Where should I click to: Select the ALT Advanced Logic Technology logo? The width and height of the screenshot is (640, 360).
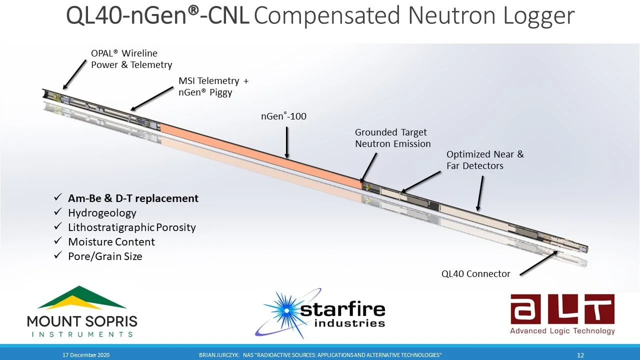pyautogui.click(x=562, y=314)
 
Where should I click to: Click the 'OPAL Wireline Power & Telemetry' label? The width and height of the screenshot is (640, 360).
pyautogui.click(x=131, y=59)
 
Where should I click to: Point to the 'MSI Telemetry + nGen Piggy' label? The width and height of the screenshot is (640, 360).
pyautogui.click(x=213, y=86)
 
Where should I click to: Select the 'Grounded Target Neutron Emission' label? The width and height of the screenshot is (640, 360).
pyautogui.click(x=392, y=138)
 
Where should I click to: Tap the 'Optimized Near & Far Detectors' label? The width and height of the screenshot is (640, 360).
pyautogui.click(x=485, y=160)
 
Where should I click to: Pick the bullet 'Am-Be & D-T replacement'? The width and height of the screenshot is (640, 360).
pyautogui.click(x=133, y=198)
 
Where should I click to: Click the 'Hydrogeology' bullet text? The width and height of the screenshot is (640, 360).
pyautogui.click(x=102, y=213)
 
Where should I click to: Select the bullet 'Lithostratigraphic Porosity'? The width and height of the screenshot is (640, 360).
pyautogui.click(x=131, y=227)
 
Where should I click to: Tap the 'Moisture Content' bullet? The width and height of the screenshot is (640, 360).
pyautogui.click(x=111, y=242)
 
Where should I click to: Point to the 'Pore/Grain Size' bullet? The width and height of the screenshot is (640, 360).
pyautogui.click(x=105, y=256)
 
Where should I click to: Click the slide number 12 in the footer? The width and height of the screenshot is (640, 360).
pyautogui.click(x=580, y=355)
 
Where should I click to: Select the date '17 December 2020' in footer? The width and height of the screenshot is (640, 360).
pyautogui.click(x=86, y=355)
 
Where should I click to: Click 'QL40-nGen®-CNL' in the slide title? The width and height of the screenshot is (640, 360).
pyautogui.click(x=157, y=16)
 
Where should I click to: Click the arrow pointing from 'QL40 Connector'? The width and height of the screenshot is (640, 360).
pyautogui.click(x=539, y=262)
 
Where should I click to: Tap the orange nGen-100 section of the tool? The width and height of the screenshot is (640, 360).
pyautogui.click(x=260, y=155)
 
